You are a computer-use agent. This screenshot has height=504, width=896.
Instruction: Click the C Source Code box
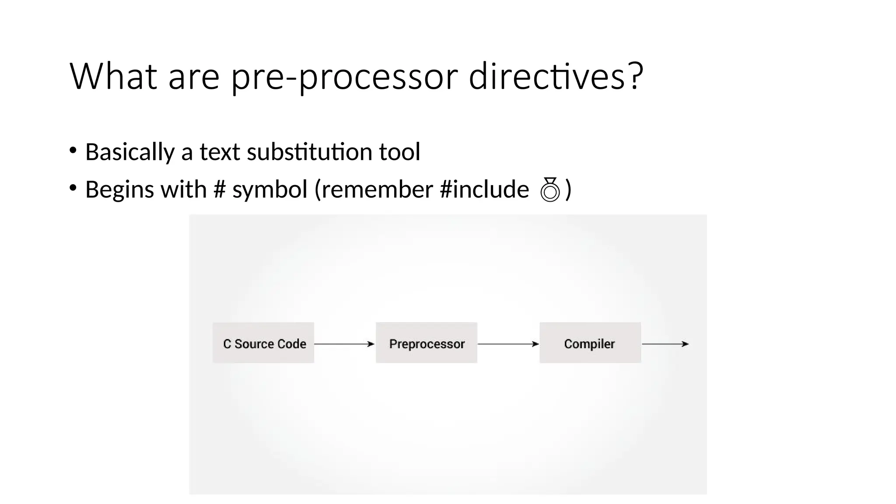tap(263, 343)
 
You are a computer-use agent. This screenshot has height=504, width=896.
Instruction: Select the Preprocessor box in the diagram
tap(427, 343)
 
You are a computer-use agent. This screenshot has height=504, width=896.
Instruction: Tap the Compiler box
tap(590, 343)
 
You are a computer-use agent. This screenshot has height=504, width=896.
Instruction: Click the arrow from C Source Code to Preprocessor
tap(344, 344)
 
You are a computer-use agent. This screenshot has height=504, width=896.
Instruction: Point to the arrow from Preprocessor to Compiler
tap(508, 344)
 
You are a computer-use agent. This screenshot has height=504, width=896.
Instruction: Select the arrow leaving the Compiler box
tap(665, 344)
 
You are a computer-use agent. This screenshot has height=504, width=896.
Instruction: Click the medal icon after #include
tap(550, 189)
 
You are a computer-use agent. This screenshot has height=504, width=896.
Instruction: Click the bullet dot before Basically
tap(73, 150)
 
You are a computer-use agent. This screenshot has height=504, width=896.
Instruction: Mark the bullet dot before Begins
tap(73, 188)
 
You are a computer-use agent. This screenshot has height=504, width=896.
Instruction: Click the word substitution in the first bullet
tap(309, 152)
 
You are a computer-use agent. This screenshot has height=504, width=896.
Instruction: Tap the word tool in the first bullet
tap(399, 152)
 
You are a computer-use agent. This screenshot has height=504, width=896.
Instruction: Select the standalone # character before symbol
tap(220, 189)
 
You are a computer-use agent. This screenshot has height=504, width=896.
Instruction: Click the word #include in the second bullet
tap(484, 189)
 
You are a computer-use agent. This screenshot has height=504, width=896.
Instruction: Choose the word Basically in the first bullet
tap(130, 152)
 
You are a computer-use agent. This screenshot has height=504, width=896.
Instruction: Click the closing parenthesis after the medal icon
tap(568, 189)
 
